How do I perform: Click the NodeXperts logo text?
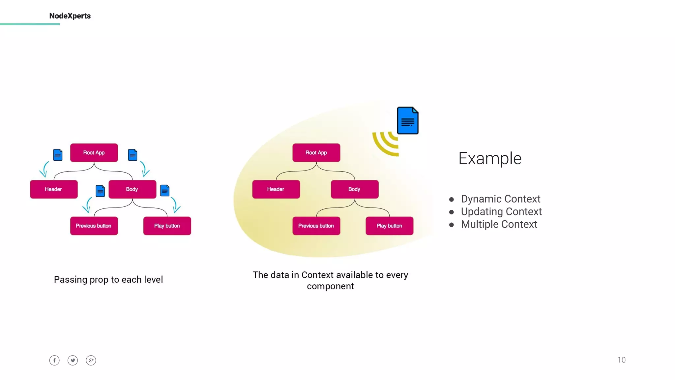coord(70,16)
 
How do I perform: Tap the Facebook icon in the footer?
coord(54,360)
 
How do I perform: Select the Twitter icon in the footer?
coord(73,360)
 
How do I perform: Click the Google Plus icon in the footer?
coord(91,360)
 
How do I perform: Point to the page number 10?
coord(621,360)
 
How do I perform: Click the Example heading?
coord(490,159)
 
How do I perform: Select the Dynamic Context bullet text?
coord(500,199)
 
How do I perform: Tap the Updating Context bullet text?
coord(501,211)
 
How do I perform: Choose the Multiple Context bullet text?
coord(499,224)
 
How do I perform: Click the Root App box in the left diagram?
coord(94,153)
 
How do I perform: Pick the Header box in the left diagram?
coord(54,189)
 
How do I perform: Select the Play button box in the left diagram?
coord(167,226)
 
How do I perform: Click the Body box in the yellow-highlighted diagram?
coord(355,189)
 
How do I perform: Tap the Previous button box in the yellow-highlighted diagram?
coord(316,226)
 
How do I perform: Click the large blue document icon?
coord(408,121)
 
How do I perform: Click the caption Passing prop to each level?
coord(108,280)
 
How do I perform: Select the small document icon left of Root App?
coord(58,155)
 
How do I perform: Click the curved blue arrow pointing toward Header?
coord(44,170)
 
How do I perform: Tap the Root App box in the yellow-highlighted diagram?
coord(316,153)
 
